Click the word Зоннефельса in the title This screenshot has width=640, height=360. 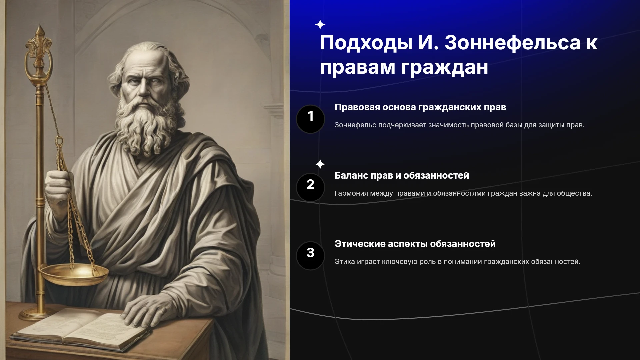(x=513, y=43)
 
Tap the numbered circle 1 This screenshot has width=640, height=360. (x=310, y=119)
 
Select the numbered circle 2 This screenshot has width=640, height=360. (x=310, y=187)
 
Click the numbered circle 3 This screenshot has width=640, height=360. (x=310, y=256)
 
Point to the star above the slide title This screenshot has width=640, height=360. (x=320, y=25)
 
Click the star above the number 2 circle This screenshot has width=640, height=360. (x=320, y=164)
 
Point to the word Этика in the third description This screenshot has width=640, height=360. (x=345, y=262)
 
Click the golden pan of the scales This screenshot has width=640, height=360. (x=74, y=274)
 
